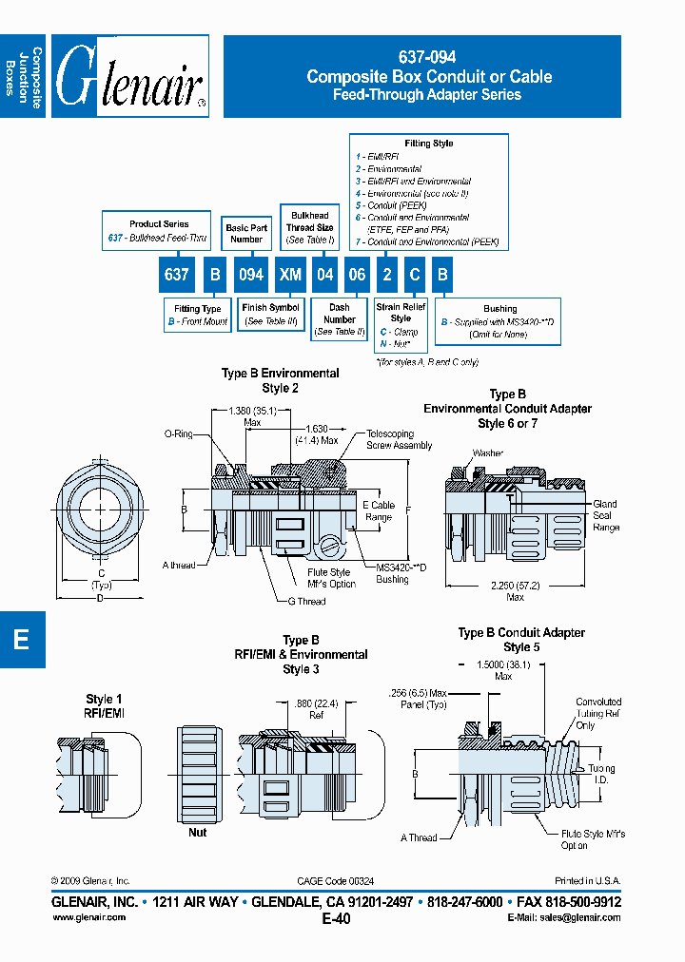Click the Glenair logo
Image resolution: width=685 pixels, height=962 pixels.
130,77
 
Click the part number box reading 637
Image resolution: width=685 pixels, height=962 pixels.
177,275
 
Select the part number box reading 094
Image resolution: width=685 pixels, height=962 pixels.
252,275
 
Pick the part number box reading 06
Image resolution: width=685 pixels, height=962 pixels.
355,275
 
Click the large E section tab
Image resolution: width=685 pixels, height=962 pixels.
21,640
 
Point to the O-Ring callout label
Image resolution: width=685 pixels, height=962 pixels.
178,433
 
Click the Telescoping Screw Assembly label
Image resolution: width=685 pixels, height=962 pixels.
399,439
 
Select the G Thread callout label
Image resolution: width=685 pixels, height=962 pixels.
306,601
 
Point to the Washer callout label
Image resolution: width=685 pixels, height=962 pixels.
487,453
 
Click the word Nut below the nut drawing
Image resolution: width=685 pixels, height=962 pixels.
197,832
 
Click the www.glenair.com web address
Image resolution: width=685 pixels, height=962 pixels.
88,917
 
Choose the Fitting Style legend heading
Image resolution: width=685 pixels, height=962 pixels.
429,144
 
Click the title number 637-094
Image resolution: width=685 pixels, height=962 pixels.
429,59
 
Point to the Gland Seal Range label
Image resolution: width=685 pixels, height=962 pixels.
605,515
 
